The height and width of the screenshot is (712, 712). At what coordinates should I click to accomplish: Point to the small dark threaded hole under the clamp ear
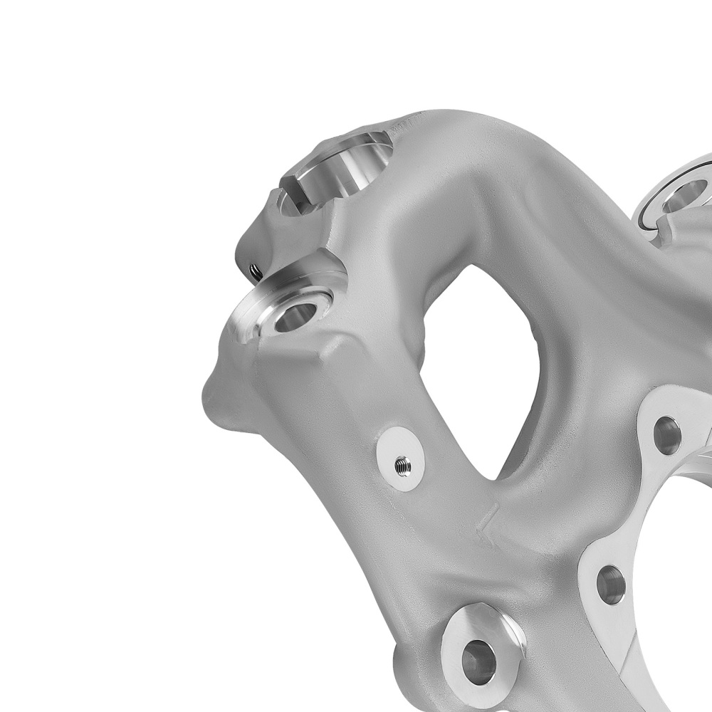coord(252,269)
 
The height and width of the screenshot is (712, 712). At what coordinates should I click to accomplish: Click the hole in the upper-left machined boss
coord(294,315)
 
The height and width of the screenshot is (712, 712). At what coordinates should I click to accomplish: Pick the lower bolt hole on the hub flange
coord(610,584)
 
